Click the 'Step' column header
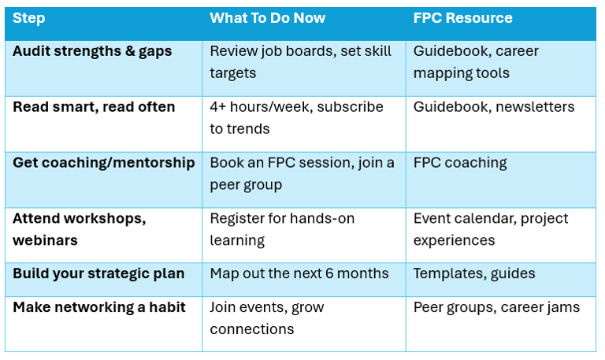click(x=29, y=19)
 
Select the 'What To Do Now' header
click(x=267, y=18)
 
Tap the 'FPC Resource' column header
click(x=463, y=18)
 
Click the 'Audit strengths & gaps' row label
click(x=92, y=52)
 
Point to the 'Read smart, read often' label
click(x=94, y=107)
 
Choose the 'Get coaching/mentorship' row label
click(x=104, y=163)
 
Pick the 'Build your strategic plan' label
click(x=98, y=274)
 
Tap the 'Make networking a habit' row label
click(x=99, y=307)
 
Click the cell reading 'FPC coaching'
click(x=460, y=163)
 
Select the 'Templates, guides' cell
click(x=474, y=274)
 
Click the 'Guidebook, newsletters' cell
click(x=494, y=107)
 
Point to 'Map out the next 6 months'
click(x=299, y=273)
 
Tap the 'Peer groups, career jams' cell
click(x=496, y=307)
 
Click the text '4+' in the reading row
click(x=217, y=107)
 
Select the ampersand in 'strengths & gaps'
click(x=130, y=51)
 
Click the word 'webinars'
click(x=45, y=240)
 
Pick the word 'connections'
click(x=252, y=329)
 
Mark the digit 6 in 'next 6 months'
click(x=329, y=273)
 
